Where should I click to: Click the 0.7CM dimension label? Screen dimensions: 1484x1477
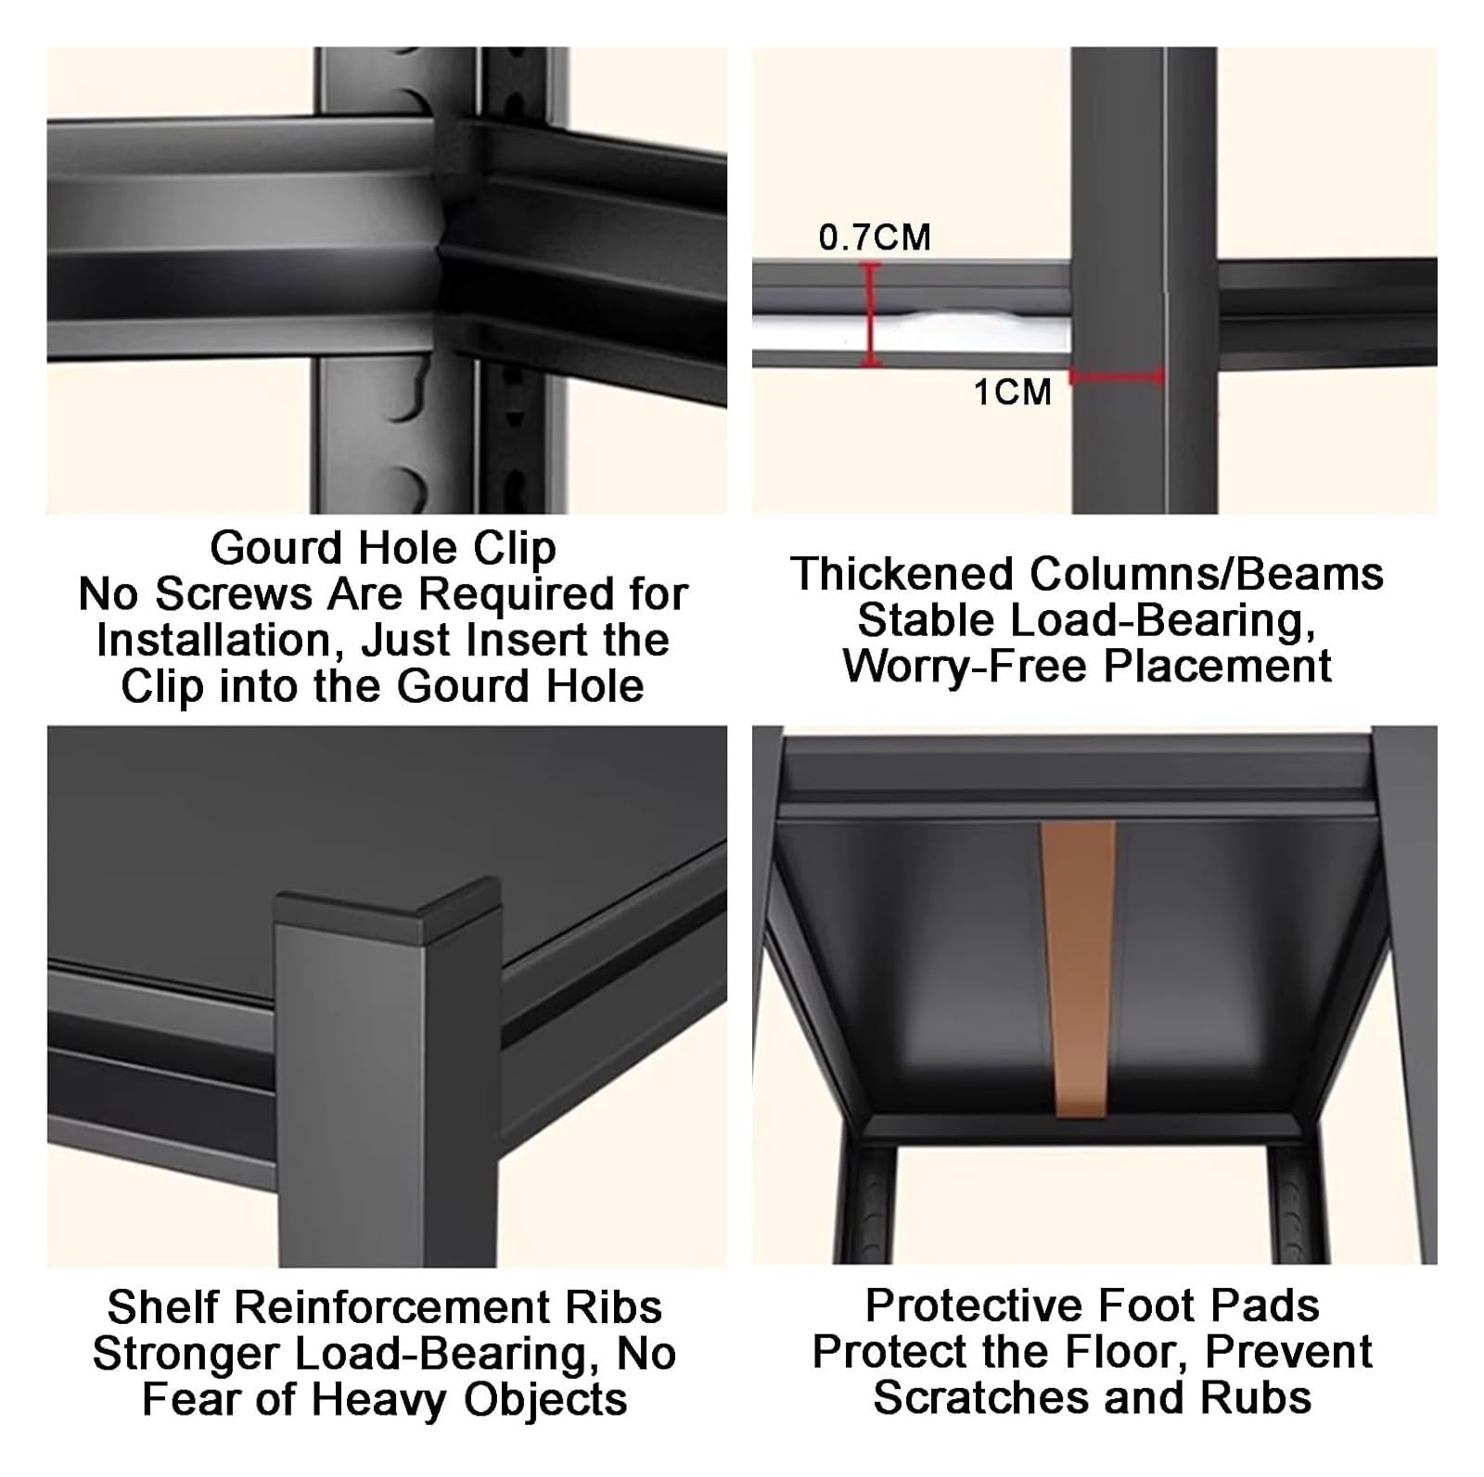coord(875,237)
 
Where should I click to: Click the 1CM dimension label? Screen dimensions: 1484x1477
coord(1013,392)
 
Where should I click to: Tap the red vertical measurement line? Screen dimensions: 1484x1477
coord(870,314)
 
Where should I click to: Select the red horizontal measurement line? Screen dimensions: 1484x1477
coord(1117,376)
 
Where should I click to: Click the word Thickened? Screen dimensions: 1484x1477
coord(902,574)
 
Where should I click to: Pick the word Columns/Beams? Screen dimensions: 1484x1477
coord(1207,574)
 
